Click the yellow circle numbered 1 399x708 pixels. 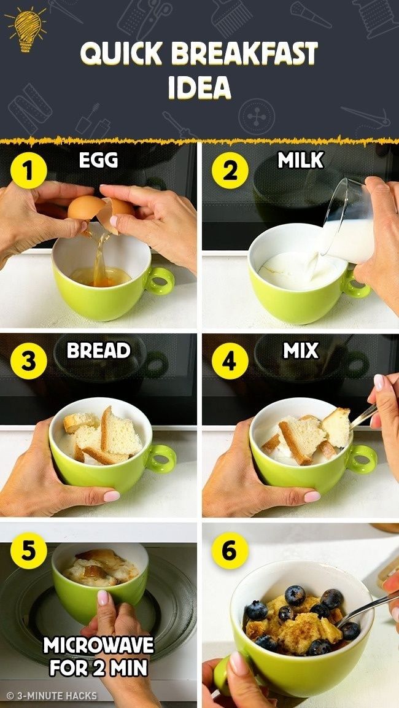(29, 171)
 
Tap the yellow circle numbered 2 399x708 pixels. (230, 171)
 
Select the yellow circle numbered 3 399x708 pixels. (29, 361)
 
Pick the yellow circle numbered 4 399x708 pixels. (230, 361)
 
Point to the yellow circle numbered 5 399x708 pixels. (29, 551)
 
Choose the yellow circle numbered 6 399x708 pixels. (230, 551)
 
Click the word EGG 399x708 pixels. (98, 160)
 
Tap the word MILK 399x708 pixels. (301, 160)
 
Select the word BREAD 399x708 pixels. (98, 351)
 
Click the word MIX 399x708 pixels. (301, 351)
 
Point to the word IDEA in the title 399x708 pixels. (199, 87)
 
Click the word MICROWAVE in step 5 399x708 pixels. (99, 646)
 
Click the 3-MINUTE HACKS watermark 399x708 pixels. (52, 695)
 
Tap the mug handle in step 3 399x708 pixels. (161, 459)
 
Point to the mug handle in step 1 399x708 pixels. (160, 281)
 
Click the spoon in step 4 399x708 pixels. (363, 416)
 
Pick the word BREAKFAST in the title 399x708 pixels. (244, 53)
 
